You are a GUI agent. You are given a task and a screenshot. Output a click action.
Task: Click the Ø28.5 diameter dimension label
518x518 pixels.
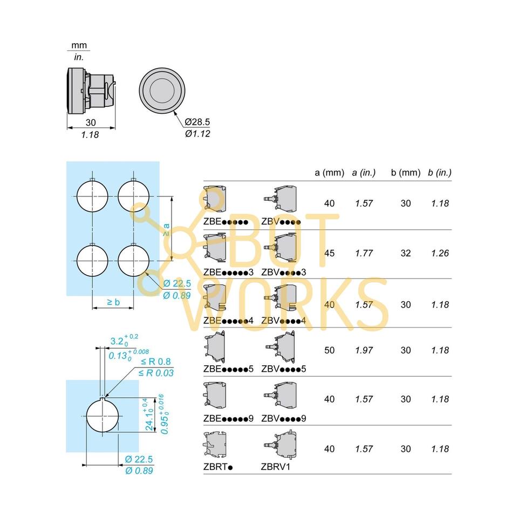coord(197,122)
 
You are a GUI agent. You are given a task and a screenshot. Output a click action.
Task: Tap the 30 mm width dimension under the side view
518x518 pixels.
coord(90,122)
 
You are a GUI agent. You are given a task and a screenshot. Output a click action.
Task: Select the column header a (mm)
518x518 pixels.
coord(329,173)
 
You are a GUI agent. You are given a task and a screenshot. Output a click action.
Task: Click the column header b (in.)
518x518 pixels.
coord(439,173)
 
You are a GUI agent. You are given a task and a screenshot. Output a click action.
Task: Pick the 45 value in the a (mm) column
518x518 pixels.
coord(329,253)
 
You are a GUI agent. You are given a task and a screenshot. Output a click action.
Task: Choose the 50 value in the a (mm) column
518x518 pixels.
coord(329,350)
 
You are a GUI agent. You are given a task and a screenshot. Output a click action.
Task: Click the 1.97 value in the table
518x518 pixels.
coord(364,350)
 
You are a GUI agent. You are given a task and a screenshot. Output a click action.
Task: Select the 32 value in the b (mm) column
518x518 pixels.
coord(406,253)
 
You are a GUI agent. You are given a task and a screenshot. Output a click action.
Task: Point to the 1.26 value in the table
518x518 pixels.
coord(440,253)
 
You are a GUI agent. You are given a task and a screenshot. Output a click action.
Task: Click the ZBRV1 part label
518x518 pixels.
coord(276,467)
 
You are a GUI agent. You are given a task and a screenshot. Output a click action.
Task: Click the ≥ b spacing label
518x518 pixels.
coord(113,302)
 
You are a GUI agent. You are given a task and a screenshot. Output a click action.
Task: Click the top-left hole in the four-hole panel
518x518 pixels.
coord(92,195)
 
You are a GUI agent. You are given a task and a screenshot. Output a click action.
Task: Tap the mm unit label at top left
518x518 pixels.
coord(79,45)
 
